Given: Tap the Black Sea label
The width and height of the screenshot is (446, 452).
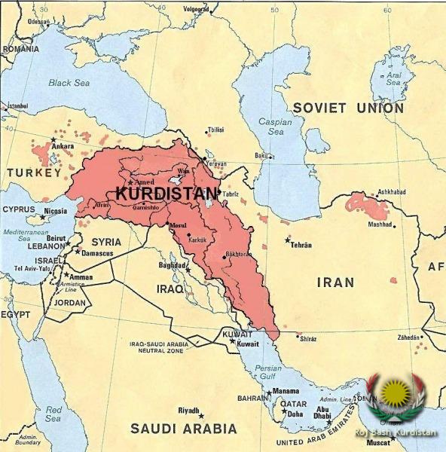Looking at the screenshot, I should click(70, 84).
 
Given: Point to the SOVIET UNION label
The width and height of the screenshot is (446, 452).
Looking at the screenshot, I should click(348, 108).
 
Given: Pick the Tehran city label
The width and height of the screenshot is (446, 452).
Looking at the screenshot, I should click(301, 246).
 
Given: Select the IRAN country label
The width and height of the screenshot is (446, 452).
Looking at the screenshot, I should click(334, 282).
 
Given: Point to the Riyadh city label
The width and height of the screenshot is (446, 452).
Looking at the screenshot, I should click(188, 411).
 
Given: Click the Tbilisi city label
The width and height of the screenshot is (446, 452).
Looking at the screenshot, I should click(215, 130).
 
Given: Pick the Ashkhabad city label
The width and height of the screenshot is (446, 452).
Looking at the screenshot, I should click(392, 192).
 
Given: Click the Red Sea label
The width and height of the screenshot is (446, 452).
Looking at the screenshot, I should click(53, 414).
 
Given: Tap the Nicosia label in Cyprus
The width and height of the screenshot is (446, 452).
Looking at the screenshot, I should click(54, 211).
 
